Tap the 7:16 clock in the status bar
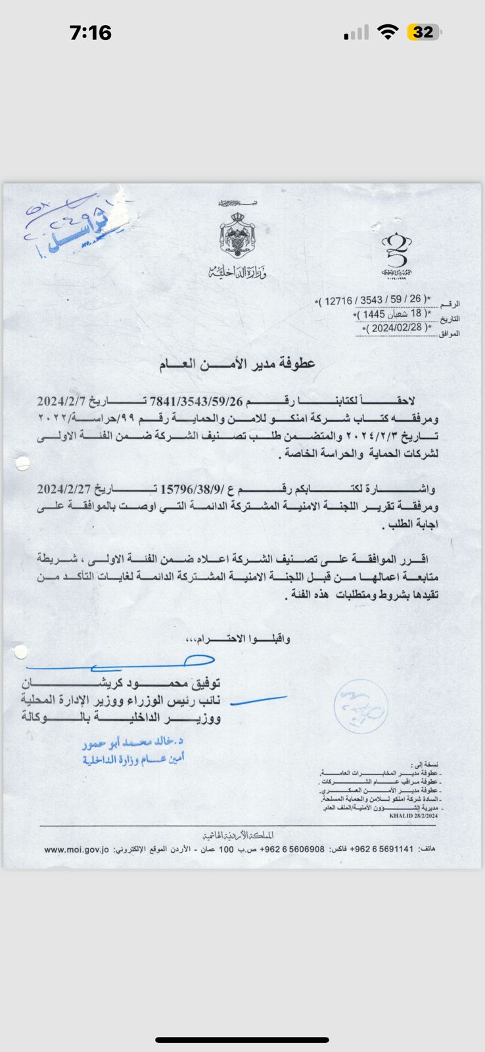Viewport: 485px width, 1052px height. pos(91,32)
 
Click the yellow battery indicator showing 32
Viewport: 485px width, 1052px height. pos(424,32)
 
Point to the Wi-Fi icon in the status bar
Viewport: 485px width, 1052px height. pos(389,32)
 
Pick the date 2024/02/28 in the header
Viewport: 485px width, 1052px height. pos(396,327)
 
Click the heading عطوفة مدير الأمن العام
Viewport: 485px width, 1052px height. pos(237,364)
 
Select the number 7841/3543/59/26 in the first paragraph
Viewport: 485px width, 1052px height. pos(188,401)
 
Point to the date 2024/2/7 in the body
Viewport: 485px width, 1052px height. pos(61,401)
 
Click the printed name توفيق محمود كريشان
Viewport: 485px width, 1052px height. pos(122,682)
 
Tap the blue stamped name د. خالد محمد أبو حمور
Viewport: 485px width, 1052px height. pos(133,742)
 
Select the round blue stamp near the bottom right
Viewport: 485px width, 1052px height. pos(360,707)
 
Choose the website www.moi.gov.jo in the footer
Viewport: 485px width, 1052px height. pos(76,849)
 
